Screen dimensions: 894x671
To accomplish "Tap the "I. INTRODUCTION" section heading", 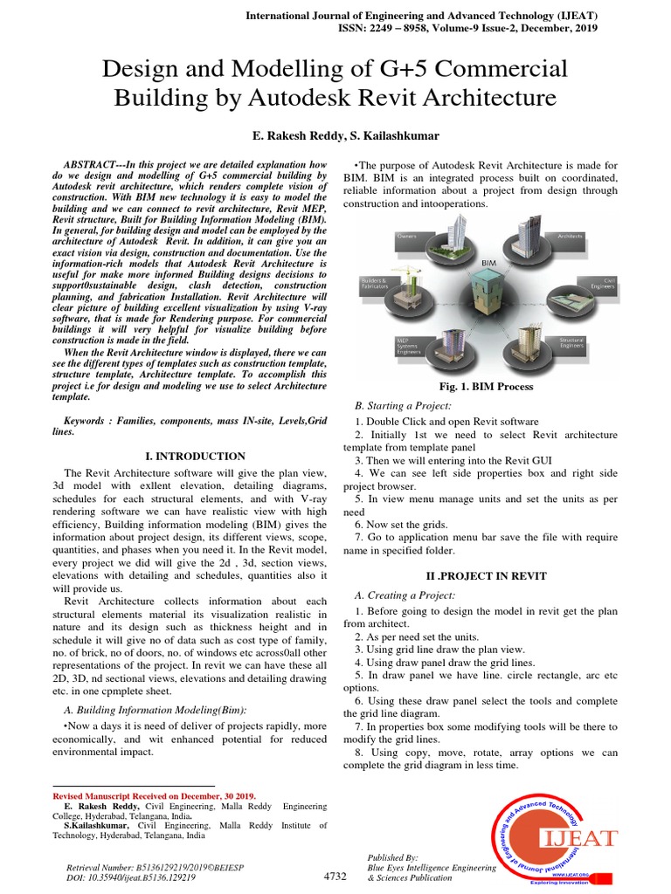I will [194, 456].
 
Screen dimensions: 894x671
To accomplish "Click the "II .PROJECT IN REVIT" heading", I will [486, 576].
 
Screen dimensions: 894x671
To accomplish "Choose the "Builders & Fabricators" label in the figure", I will [374, 284].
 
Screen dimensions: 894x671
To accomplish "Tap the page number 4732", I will [335, 876].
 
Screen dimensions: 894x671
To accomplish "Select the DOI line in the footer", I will [137, 877].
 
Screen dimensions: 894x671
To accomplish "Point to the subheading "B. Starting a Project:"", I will [403, 407].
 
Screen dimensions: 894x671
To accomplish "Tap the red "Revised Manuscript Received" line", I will [155, 796].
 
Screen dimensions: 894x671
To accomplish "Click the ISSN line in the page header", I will [468, 28].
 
